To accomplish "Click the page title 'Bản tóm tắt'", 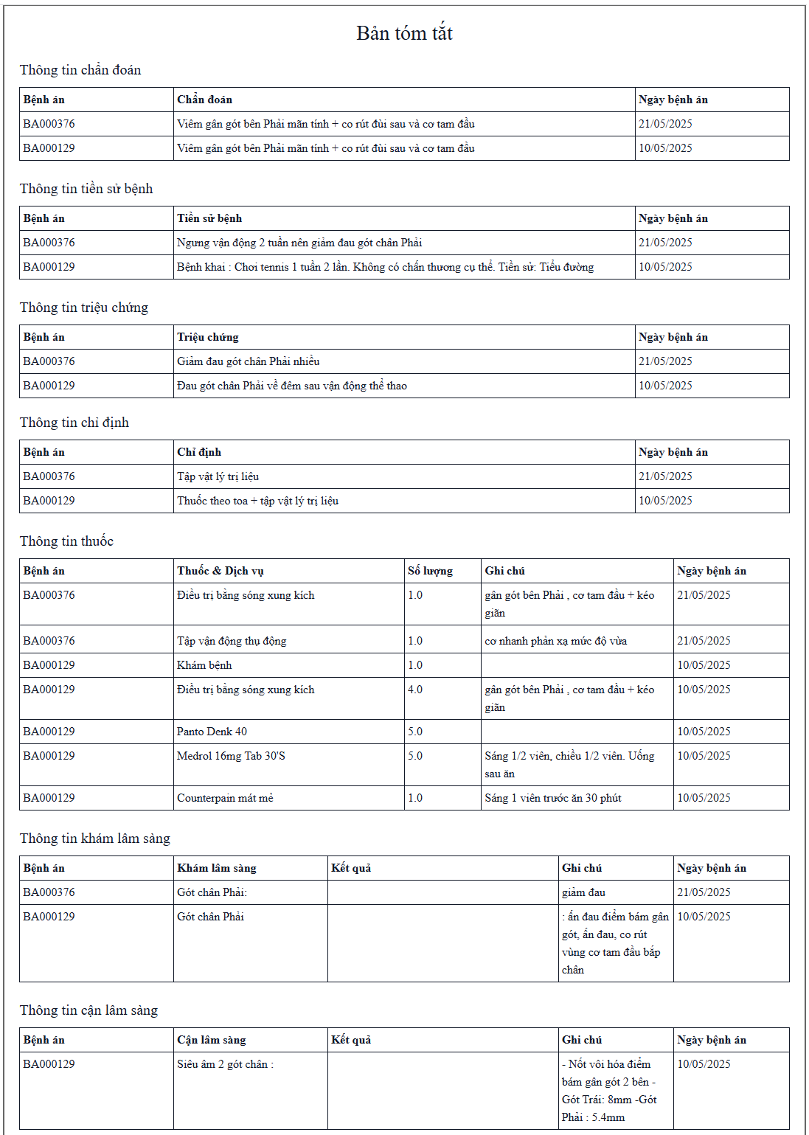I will pos(404,33).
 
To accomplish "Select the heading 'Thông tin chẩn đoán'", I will pos(80,70).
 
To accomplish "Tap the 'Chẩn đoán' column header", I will pos(204,100).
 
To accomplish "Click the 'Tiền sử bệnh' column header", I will pos(209,218).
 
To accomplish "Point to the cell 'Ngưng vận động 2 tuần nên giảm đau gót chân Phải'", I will pos(299,243).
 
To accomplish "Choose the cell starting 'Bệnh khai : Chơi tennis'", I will pos(385,267).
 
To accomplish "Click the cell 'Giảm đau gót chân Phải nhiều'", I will pos(248,361).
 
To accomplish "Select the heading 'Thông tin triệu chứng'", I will pos(84,308).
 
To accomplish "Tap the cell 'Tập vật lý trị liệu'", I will pos(218,476).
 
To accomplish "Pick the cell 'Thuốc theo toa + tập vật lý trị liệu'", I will pos(257,501).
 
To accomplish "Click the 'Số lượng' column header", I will pos(430,571).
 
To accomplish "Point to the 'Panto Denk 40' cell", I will pos(212,732).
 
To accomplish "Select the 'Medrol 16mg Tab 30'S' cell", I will pos(231,756).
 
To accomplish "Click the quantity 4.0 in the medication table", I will pos(415,690).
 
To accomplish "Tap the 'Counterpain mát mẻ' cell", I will pos(225,798).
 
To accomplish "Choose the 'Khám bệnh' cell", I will pos(204,665).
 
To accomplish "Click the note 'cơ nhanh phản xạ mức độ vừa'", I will pos(555,641).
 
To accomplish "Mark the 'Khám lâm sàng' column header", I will pos(217,868).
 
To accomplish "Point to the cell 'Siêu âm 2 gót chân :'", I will pos(225,1064).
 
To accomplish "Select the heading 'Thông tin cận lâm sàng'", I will pos(88,1010).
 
